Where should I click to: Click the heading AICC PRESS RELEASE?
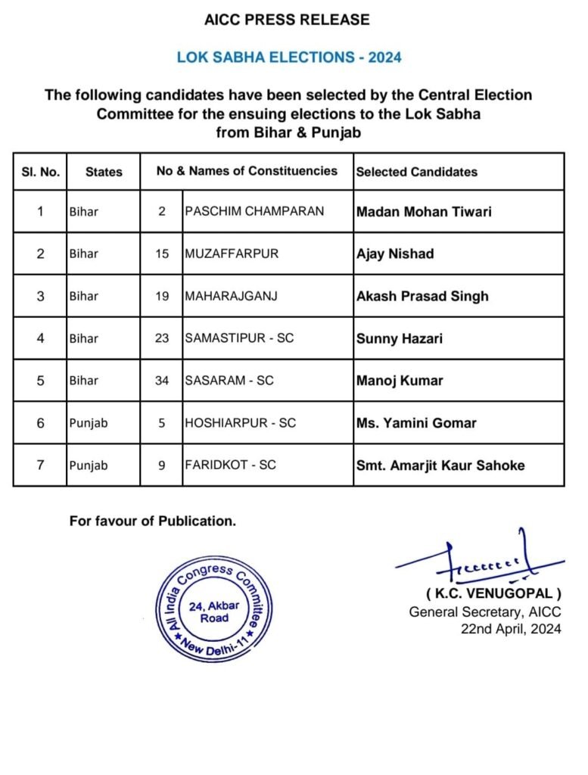click(x=288, y=20)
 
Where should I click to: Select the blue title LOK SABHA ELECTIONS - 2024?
click(x=288, y=58)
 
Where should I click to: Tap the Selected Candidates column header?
click(x=417, y=172)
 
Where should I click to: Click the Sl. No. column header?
click(x=40, y=172)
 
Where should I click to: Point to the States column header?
click(x=104, y=172)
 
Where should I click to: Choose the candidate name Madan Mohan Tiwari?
click(x=424, y=211)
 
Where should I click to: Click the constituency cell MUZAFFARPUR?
click(x=232, y=254)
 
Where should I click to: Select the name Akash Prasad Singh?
click(x=422, y=296)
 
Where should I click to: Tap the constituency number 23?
click(x=162, y=338)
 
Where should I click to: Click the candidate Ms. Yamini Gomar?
click(x=416, y=423)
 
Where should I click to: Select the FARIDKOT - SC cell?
click(x=231, y=465)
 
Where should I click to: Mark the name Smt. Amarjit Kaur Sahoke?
click(x=440, y=465)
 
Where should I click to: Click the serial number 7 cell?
click(x=40, y=465)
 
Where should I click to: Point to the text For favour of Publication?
click(x=153, y=521)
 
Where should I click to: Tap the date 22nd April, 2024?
click(x=512, y=629)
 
